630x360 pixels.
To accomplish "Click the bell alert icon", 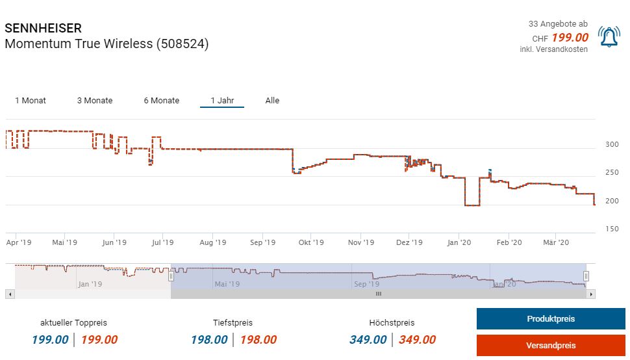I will tap(609, 38).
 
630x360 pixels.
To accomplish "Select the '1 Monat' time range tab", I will tap(31, 101).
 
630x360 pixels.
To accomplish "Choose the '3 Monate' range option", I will tap(95, 101).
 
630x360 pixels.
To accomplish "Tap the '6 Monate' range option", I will tap(162, 101).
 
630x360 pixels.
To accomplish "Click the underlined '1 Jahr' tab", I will tap(222, 101).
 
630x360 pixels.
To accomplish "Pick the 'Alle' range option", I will tap(272, 101).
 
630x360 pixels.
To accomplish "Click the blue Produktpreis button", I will tap(550, 319).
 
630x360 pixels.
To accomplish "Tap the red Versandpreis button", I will tap(550, 345).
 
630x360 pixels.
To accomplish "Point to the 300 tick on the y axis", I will tap(612, 145).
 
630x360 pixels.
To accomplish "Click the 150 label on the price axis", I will tap(612, 229).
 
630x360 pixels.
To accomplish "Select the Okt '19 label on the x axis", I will tap(311, 243).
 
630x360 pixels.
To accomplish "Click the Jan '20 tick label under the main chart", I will tap(459, 243).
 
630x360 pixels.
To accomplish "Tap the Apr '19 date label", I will tap(19, 243).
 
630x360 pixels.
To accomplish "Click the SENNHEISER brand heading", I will tap(43, 29).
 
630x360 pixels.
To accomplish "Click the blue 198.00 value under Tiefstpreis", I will tap(209, 340).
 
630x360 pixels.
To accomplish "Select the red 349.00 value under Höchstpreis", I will tap(418, 340).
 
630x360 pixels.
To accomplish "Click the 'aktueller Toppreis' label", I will tap(73, 323).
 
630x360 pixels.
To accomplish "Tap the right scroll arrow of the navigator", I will tap(591, 294).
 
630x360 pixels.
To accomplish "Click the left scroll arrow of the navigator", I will tap(10, 294).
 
